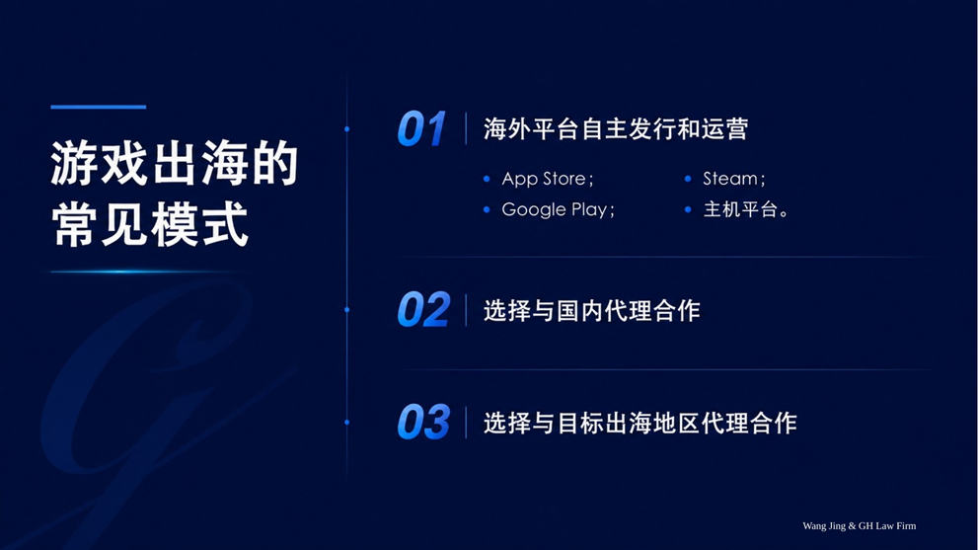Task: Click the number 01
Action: coord(421,129)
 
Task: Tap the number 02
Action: coord(423,310)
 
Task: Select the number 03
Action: coord(423,422)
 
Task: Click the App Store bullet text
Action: coord(548,179)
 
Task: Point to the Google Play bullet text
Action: coord(559,209)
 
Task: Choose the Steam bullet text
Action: coord(734,179)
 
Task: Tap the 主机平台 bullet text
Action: coord(746,209)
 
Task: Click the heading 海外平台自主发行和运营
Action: coord(616,129)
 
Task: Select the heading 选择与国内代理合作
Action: coord(592,310)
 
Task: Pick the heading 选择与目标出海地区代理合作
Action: coord(639,423)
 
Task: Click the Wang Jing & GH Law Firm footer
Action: coord(860,525)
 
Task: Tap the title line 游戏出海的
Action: coord(175,164)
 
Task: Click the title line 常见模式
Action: coord(150,223)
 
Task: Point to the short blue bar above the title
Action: coord(99,107)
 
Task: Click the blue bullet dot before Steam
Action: coord(688,179)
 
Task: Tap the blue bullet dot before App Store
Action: coord(487,179)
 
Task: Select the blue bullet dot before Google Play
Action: coord(487,209)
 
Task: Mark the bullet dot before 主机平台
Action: coord(688,209)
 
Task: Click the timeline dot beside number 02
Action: coord(346,310)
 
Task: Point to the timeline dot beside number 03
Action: coord(346,422)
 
